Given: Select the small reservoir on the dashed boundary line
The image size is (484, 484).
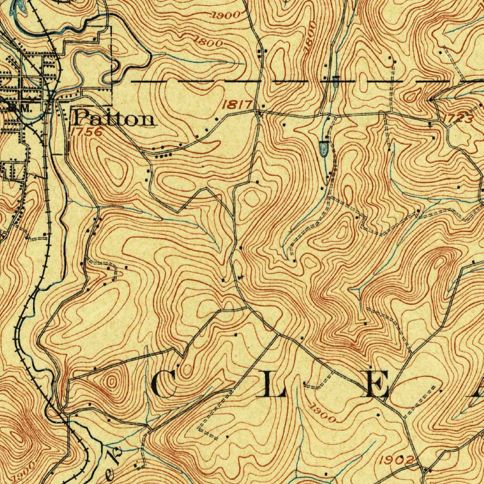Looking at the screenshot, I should point(335,81).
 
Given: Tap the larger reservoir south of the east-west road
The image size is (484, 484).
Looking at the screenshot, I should point(324,149).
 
